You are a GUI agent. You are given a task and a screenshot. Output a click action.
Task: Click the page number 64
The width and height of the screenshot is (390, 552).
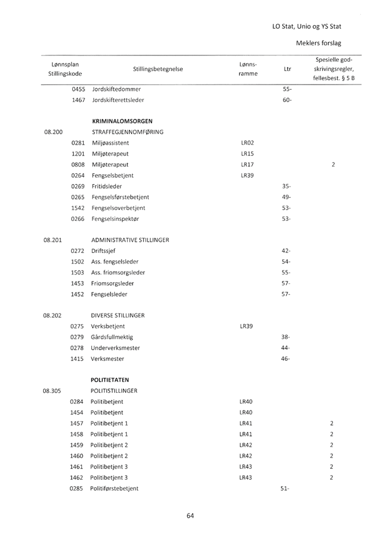pos(190,515)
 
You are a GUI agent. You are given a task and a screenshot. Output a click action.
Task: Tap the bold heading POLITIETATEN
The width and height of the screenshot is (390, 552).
pos(113,379)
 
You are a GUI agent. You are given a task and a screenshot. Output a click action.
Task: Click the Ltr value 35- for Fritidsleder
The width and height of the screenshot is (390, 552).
pos(286,187)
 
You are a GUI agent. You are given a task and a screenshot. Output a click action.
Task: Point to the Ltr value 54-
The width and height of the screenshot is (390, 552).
pos(286,261)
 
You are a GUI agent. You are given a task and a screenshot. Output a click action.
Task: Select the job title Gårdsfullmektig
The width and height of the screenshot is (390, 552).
pos(112,337)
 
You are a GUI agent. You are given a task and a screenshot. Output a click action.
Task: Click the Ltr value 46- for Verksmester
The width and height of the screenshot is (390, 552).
pos(286,358)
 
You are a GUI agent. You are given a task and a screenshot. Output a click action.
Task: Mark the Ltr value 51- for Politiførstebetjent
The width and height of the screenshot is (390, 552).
pos(286,487)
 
